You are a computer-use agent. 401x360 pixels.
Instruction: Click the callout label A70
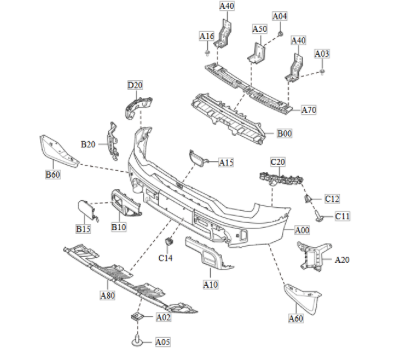[x=308, y=109]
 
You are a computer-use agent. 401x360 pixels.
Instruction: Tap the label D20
[x=135, y=85]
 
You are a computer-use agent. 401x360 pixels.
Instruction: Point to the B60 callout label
[x=53, y=175]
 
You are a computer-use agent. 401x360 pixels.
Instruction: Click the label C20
[x=278, y=161]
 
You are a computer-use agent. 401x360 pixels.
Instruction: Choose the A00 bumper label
[x=301, y=230]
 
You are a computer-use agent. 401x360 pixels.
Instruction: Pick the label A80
[x=107, y=296]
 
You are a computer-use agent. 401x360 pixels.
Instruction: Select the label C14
[x=166, y=259]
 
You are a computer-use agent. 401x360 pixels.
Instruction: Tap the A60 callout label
[x=295, y=319]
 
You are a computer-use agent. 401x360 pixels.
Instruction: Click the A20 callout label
[x=342, y=260]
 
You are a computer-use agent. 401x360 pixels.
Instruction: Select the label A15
[x=226, y=162]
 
